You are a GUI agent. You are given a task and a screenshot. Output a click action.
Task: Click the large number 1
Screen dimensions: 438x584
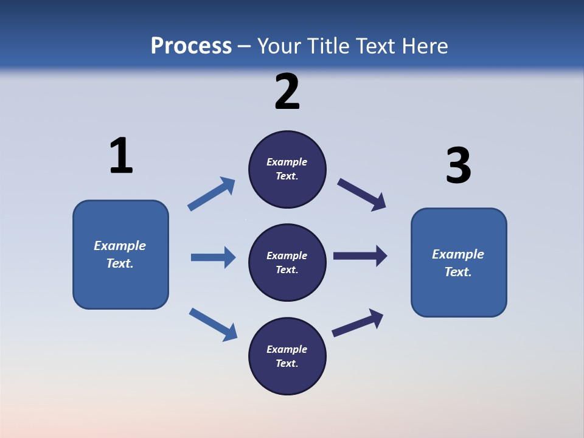121,156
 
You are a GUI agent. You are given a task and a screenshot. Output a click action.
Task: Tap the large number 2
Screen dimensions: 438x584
287,92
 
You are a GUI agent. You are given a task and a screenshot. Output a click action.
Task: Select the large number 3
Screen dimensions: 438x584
458,166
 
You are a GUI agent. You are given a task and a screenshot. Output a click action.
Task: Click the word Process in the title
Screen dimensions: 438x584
191,46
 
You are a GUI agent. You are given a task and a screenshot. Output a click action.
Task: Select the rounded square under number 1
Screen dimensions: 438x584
120,254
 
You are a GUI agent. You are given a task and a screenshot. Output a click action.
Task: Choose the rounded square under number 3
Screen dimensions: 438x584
459,262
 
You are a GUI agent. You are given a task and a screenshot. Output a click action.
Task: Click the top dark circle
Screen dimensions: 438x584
287,169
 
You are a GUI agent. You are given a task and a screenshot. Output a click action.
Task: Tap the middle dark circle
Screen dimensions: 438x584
287,262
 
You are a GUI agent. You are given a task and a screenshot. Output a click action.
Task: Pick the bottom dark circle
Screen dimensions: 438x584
287,356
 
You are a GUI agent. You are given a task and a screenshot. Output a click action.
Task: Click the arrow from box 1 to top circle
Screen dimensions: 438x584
212,194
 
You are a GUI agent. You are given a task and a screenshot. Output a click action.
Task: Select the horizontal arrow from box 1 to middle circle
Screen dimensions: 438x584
213,257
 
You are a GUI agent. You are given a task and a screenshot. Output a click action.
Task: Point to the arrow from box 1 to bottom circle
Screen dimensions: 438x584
213,324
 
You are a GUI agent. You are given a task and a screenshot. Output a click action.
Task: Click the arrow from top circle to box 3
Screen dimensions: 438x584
362,194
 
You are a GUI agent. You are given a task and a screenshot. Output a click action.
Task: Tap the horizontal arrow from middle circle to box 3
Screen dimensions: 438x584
360,255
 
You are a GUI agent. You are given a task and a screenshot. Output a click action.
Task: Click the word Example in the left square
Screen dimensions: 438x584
120,246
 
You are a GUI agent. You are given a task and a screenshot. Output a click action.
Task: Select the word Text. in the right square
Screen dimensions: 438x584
458,272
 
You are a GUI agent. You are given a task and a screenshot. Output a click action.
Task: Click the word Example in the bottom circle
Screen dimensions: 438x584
287,349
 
